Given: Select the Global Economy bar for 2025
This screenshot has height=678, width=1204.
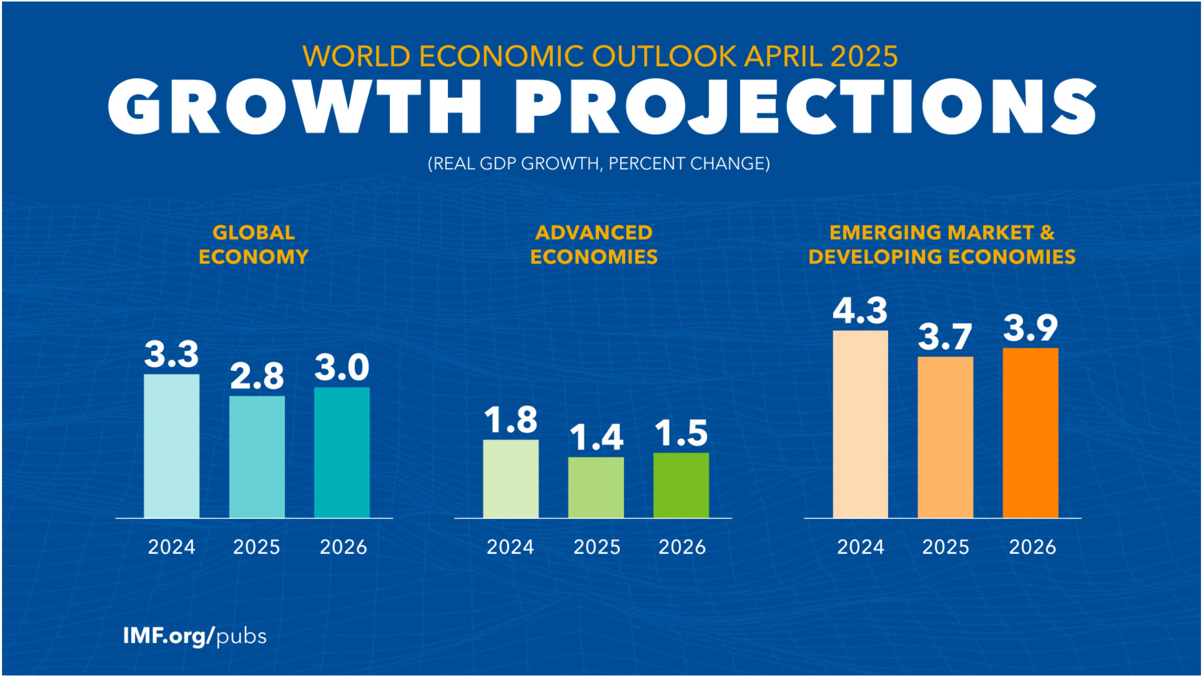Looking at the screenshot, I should [257, 457].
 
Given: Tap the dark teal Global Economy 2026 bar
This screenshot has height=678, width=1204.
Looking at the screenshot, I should [342, 452].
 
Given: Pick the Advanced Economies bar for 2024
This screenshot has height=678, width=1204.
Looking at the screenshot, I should [511, 478].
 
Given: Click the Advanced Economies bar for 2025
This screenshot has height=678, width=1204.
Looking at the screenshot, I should [596, 487].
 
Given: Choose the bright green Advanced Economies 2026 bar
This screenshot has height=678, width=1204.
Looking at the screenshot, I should [681, 485].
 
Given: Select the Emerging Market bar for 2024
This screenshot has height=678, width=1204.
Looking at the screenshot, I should [860, 424].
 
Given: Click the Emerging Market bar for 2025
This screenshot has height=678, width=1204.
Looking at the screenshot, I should [945, 437].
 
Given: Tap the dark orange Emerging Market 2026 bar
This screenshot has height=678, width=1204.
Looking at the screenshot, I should [1030, 432].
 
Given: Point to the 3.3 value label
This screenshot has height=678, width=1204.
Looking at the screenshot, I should [171, 354].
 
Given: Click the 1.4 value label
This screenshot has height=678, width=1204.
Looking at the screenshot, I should [596, 437].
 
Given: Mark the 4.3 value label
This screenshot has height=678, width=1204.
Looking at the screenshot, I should [860, 311].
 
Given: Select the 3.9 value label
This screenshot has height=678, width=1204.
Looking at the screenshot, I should [1030, 328].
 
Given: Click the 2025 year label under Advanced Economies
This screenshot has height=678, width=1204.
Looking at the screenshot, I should [596, 547].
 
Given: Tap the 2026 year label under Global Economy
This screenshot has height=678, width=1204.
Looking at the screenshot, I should [343, 547].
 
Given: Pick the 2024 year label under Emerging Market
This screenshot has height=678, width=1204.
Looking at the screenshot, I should [860, 547].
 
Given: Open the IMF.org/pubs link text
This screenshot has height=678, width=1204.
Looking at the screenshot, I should [195, 636].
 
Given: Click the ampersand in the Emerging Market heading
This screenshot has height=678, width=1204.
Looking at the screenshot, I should [1047, 233].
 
